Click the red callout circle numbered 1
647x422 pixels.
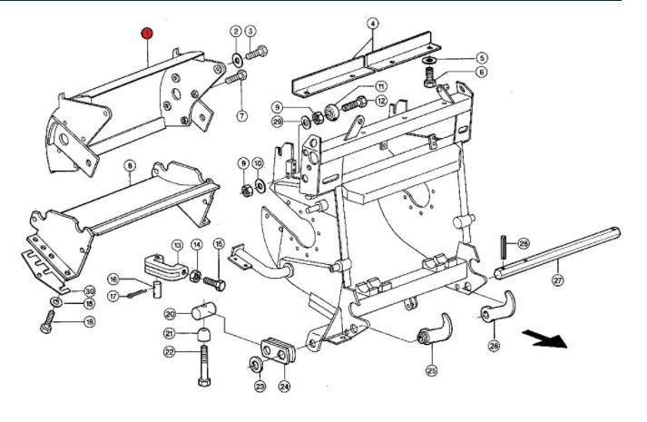[146, 33]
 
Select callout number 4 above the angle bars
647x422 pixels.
[371, 22]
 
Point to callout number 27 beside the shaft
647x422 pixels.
[557, 281]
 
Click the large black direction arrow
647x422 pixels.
[546, 340]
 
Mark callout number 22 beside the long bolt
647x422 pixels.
[169, 352]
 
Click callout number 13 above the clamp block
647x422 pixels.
[177, 244]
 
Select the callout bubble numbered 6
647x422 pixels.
[482, 72]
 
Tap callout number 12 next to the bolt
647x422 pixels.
[381, 101]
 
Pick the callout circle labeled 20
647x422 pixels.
[170, 314]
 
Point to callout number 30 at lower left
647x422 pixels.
[90, 290]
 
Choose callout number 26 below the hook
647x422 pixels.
[494, 346]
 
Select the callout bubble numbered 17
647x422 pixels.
[113, 296]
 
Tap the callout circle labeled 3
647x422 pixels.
[250, 33]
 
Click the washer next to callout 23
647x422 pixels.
[254, 366]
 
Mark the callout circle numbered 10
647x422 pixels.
[259, 162]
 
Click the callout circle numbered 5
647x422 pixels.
[481, 57]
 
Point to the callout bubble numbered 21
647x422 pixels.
[170, 333]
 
